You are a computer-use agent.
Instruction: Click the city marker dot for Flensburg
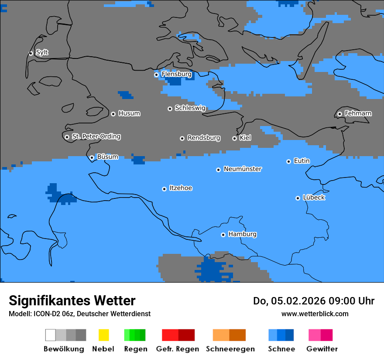156,75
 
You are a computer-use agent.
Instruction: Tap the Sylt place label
42,52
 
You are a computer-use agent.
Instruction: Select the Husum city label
129,113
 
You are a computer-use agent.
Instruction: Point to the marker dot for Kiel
234,138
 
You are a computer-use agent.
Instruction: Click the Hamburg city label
242,234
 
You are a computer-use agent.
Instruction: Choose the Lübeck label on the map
314,198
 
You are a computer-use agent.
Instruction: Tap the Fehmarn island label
358,113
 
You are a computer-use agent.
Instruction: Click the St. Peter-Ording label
96,137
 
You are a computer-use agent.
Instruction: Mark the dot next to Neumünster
218,170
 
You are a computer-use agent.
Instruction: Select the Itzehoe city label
181,188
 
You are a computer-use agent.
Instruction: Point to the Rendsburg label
204,138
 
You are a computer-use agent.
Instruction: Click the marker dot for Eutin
288,161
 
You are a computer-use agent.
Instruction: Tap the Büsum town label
107,157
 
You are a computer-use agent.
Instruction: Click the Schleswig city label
190,108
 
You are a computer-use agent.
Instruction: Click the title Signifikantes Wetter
72,301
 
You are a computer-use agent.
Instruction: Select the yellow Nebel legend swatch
103,335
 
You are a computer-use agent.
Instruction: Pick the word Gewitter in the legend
322,349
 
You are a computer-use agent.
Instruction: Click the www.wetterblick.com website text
315,314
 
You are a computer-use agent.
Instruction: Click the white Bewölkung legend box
51,335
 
